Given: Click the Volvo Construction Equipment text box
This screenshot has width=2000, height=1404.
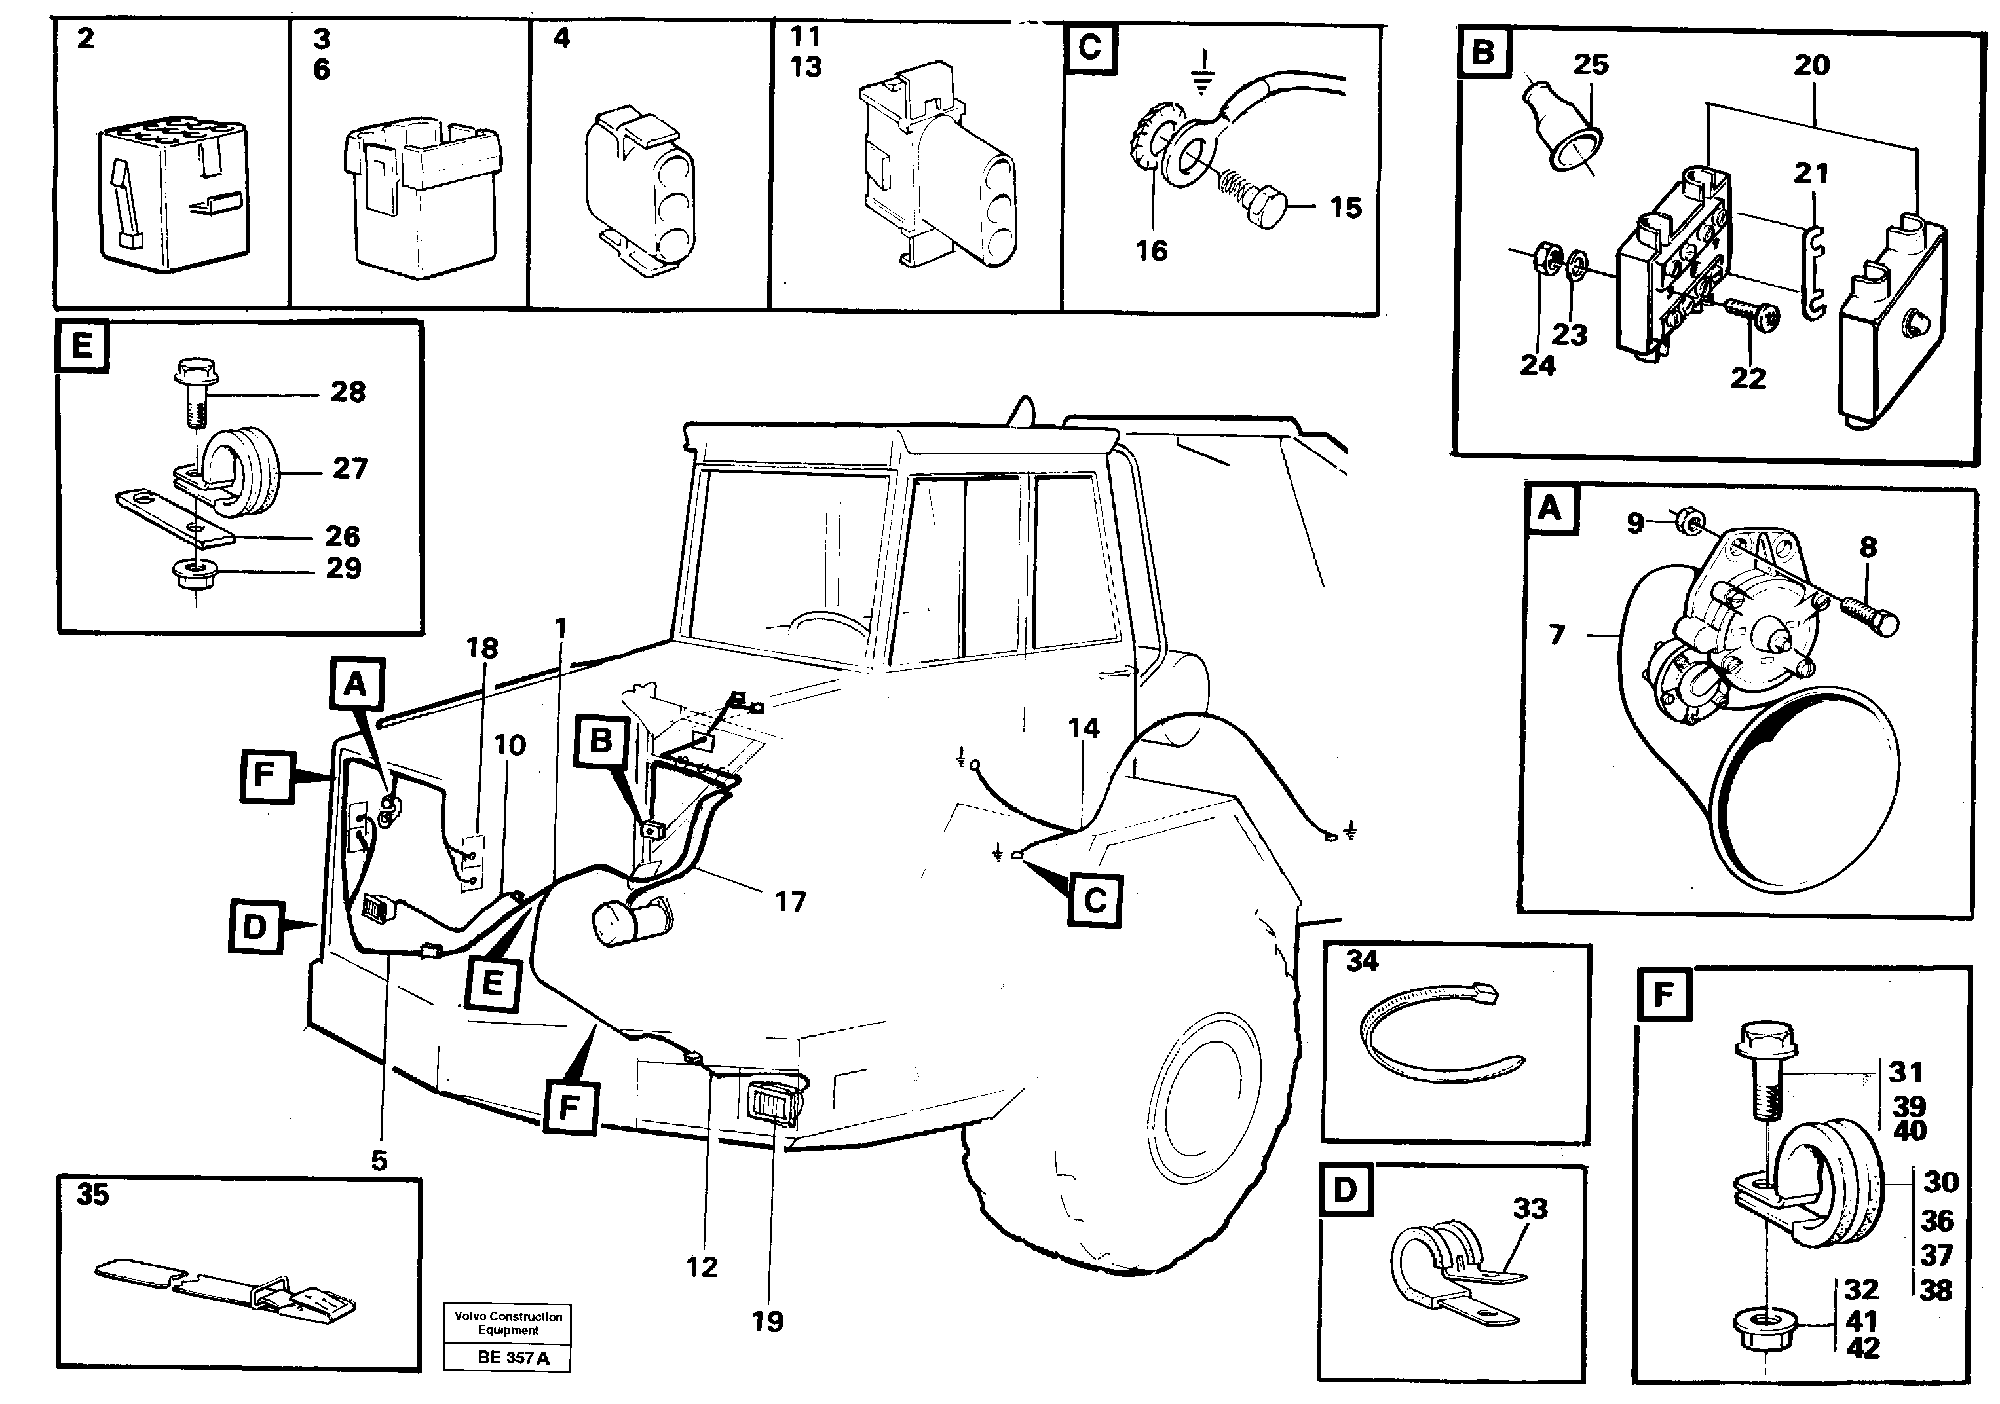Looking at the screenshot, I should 508,1323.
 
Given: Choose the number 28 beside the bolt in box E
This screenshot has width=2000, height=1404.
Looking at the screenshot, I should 348,392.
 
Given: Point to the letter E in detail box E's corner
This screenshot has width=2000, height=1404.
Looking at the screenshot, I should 82,346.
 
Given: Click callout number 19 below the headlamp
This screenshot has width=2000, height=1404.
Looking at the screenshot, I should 767,1321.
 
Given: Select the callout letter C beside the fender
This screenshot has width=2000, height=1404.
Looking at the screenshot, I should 1094,900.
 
